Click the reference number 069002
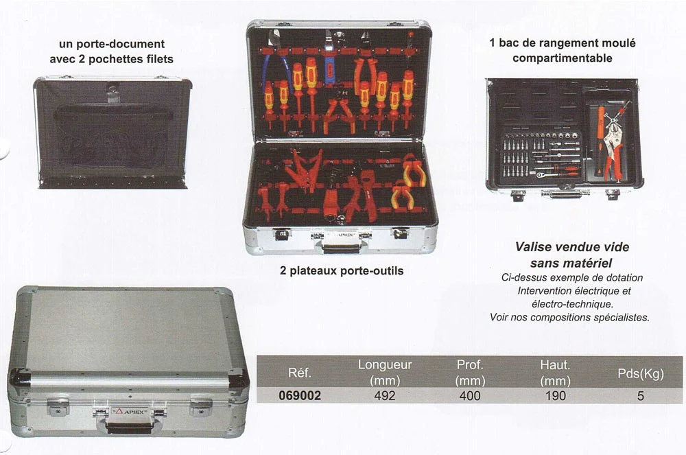point(300,395)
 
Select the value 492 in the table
point(385,395)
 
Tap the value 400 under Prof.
point(470,395)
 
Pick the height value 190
point(555,395)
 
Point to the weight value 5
point(641,395)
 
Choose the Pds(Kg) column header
point(641,373)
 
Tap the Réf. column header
point(300,373)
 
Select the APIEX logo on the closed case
point(130,412)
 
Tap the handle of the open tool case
point(341,247)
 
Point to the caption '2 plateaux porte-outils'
point(342,271)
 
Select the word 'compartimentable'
point(563,58)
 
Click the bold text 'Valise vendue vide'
point(572,247)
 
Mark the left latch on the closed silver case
point(58,407)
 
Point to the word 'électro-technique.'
point(572,303)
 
